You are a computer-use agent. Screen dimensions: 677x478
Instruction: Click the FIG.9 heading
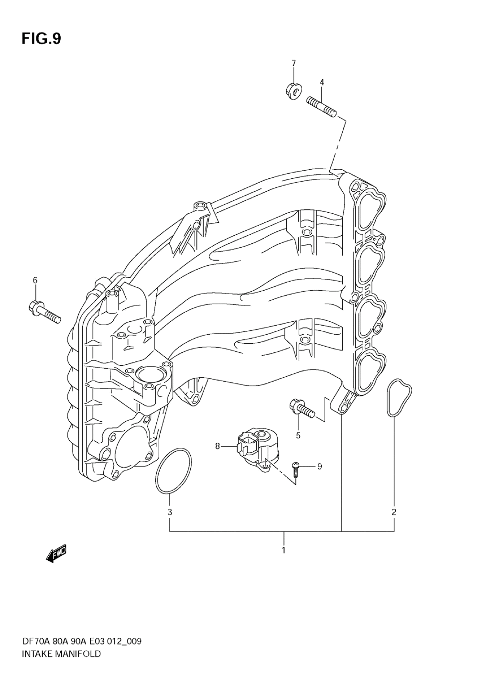coord(41,39)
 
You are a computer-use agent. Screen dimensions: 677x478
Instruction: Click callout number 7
coord(293,63)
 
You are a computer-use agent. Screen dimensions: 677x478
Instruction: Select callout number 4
coord(322,82)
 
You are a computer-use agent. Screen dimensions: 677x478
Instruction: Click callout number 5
coord(298,435)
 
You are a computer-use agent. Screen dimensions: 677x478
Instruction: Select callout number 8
coord(217,446)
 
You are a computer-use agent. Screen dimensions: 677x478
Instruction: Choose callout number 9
coord(320,466)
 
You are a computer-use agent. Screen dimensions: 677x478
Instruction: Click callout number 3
coord(170,512)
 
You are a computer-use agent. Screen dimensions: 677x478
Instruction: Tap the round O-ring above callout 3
coord(174,470)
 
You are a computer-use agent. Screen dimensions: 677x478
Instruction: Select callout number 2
coord(394,512)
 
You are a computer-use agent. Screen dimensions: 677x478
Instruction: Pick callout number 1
coord(283,550)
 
